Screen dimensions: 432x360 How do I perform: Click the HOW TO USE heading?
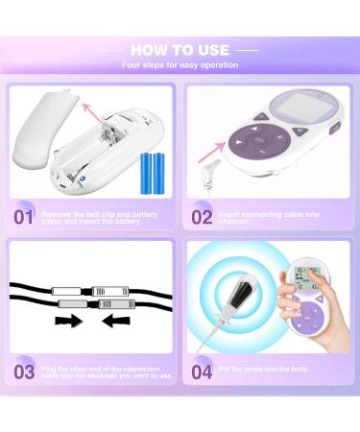pos(180,49)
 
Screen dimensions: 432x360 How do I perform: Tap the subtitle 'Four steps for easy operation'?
pos(180,65)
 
